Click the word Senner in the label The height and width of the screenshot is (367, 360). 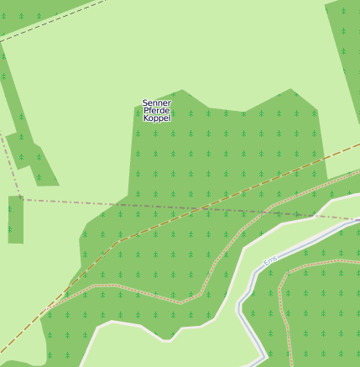pos(157,103)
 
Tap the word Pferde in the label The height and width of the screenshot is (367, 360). pos(157,111)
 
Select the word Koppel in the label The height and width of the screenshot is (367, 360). pos(157,118)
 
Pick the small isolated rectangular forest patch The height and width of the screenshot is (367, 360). pos(15,219)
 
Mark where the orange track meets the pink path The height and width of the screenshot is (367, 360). pos(47,310)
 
